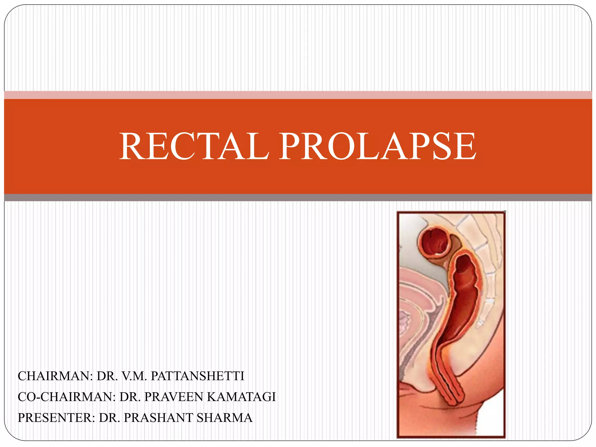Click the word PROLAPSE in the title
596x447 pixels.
pos(378,146)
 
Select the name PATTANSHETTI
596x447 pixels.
pos(198,376)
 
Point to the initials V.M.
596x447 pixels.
pos(134,376)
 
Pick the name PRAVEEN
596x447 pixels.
pos(173,397)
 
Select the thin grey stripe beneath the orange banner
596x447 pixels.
pos(298,198)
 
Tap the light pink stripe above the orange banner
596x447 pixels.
pos(298,95)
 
